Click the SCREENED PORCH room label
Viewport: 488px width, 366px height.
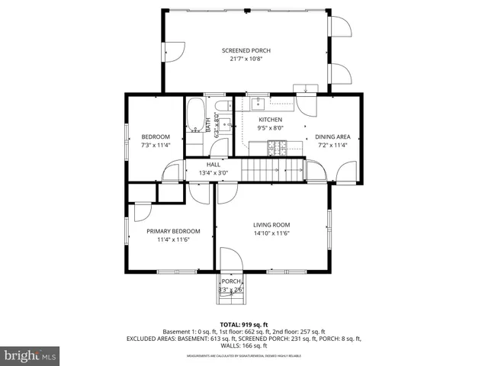pos(246,50)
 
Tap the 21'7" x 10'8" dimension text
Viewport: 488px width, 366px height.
pos(246,59)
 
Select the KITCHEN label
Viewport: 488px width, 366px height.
pos(270,120)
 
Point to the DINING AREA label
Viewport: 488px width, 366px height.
pos(332,136)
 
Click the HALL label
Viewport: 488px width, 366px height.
pos(213,164)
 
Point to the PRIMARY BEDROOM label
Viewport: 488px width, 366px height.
pos(173,231)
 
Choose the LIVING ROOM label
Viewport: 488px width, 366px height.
pos(271,224)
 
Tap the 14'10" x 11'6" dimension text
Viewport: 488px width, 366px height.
pos(271,233)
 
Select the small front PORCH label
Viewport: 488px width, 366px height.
pos(230,281)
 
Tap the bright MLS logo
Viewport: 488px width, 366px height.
pos(30,355)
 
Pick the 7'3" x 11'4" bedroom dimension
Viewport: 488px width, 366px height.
pos(155,145)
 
